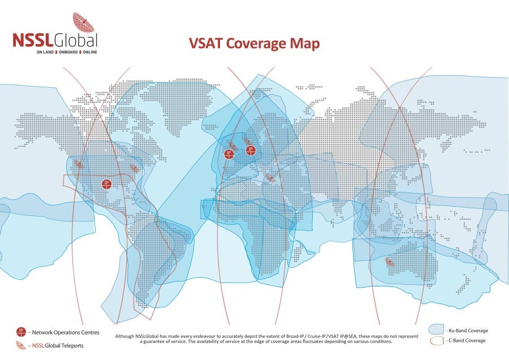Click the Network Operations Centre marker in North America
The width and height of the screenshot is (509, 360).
coord(106,184)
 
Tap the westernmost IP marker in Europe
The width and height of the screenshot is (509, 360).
coord(229,154)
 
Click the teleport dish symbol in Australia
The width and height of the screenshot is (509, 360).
coord(390,262)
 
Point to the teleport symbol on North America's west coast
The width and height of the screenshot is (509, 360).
coord(79,165)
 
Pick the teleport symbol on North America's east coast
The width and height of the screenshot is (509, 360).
coord(134,168)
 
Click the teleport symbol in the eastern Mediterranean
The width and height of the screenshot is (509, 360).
coord(270,178)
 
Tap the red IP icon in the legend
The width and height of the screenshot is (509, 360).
coord(21,332)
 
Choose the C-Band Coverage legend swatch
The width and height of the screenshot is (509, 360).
coord(436,341)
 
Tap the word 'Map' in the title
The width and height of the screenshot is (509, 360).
coord(306,44)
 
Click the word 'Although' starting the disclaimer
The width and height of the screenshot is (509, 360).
coord(126,336)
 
